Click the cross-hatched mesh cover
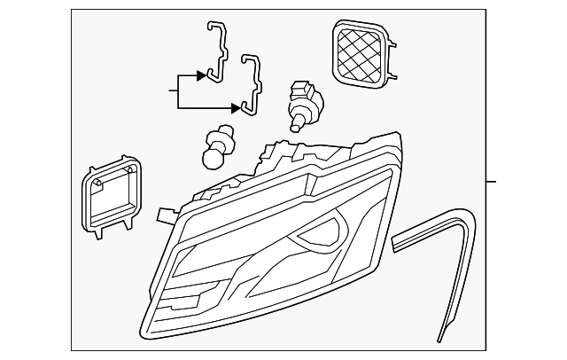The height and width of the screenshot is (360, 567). [x=361, y=54]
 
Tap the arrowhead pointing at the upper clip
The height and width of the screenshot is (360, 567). [x=203, y=75]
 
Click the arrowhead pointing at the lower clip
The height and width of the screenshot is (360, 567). [x=237, y=107]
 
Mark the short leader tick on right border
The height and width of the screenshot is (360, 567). [x=492, y=182]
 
